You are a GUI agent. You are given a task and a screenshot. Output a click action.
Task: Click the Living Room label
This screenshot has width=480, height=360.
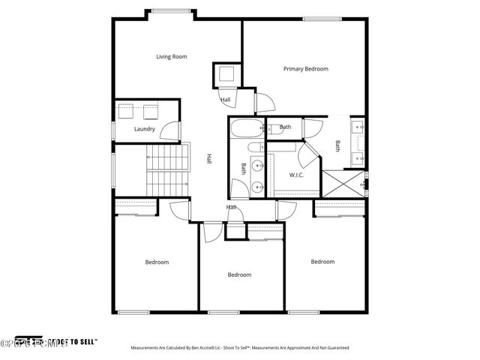[x=171, y=56]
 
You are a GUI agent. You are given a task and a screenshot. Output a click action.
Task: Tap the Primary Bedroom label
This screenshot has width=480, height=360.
[x=305, y=69]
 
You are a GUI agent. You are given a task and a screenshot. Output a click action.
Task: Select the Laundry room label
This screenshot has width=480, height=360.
[x=145, y=129]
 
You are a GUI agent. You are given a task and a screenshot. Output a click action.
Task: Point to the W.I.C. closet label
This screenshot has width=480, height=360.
[x=295, y=175]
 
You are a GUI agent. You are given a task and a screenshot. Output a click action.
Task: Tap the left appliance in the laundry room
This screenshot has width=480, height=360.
[x=126, y=112]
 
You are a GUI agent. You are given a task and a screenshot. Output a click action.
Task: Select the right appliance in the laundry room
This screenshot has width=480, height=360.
[x=150, y=112]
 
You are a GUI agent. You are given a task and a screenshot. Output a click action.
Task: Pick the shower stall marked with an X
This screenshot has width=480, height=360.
[x=341, y=184]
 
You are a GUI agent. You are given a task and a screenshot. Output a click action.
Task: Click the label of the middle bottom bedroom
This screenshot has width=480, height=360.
[x=239, y=274]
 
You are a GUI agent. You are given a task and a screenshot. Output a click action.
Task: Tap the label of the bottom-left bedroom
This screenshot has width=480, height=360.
[x=157, y=262]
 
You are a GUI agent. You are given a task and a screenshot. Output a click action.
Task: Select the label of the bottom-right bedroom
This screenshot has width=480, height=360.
[x=322, y=262]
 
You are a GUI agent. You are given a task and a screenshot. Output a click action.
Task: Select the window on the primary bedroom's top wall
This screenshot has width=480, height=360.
[x=319, y=19]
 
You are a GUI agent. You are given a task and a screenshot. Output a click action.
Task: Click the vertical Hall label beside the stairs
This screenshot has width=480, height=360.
[x=209, y=159]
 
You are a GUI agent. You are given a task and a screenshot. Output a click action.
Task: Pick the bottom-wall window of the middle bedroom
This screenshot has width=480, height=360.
[x=223, y=312]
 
